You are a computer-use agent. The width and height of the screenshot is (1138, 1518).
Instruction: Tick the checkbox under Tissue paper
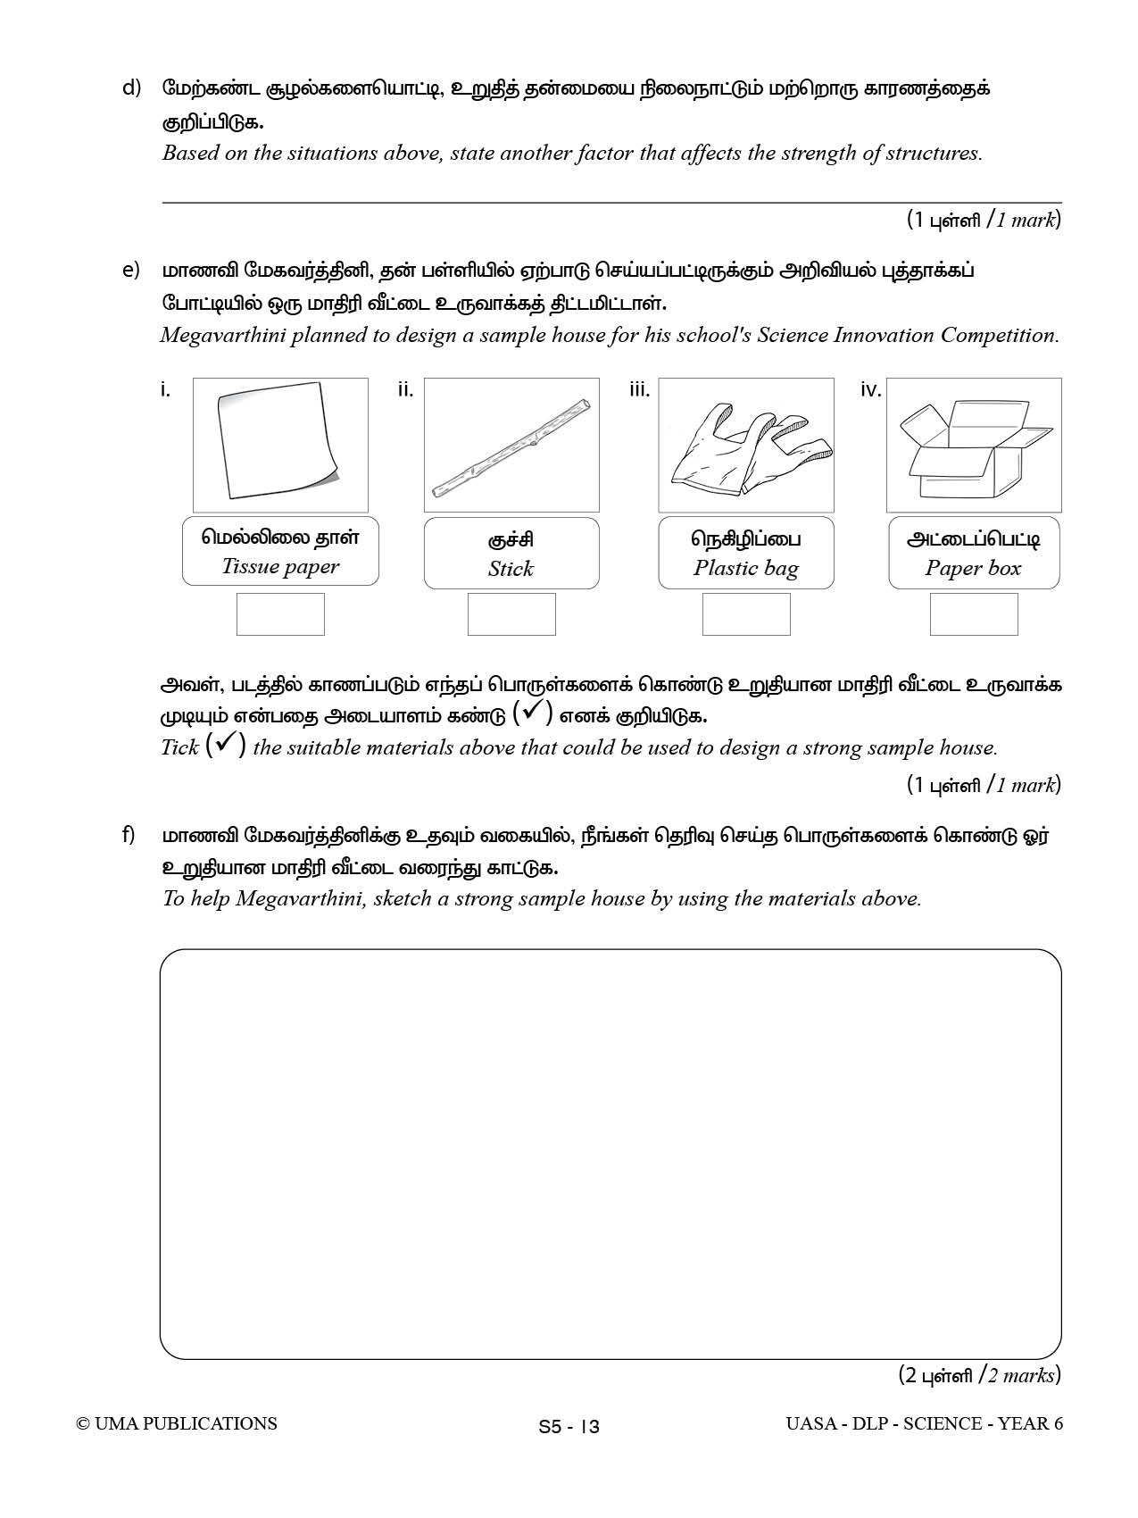click(x=280, y=614)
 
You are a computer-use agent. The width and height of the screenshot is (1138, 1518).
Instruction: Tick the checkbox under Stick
click(x=511, y=614)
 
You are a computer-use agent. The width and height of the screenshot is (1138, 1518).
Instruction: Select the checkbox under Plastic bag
click(x=746, y=614)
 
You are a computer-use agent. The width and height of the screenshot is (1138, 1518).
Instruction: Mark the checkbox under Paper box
click(x=974, y=614)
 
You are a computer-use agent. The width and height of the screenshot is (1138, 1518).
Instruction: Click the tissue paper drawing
click(x=279, y=444)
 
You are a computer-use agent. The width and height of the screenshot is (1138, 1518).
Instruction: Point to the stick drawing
click(x=511, y=447)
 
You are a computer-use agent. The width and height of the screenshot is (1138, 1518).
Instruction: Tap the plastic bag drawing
click(x=746, y=447)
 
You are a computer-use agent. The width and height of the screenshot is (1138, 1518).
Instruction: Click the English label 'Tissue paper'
click(x=280, y=567)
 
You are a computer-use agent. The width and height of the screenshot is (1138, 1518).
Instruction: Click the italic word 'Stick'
click(x=511, y=570)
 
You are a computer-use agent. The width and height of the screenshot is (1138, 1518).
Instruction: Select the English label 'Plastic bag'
click(x=746, y=569)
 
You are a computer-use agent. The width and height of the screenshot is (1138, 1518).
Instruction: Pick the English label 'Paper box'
click(x=973, y=569)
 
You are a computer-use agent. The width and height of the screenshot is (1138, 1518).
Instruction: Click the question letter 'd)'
click(x=131, y=88)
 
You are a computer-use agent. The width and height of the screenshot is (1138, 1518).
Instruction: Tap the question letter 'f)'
click(x=129, y=835)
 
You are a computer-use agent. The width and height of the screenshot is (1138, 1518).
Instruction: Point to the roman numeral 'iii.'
click(x=639, y=390)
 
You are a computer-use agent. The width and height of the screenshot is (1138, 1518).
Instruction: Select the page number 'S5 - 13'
click(x=569, y=1427)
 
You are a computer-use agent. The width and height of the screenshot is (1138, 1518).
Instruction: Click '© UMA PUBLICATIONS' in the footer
click(x=177, y=1424)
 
